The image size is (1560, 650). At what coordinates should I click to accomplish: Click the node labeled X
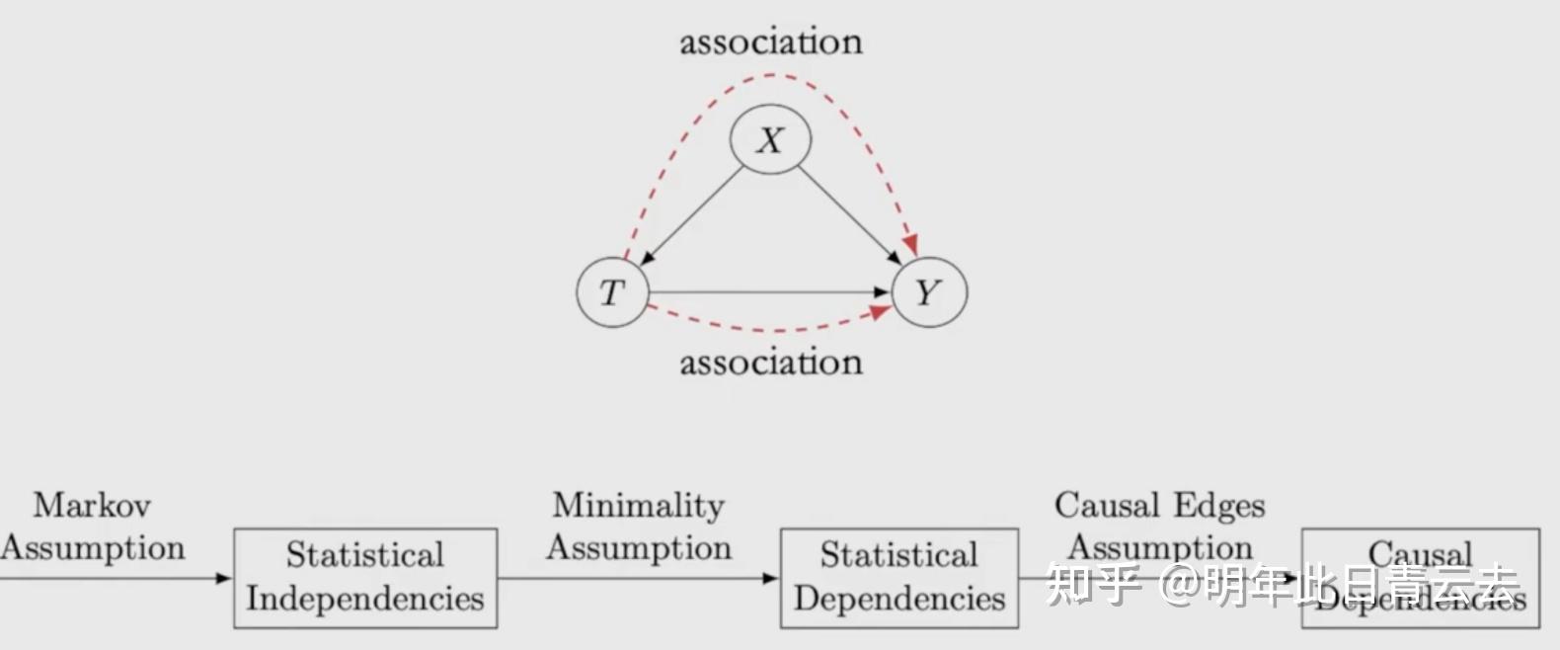770,139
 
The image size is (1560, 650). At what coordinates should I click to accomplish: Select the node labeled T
613,292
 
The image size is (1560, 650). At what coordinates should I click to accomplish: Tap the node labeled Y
928,292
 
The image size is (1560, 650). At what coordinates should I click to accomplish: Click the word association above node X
770,41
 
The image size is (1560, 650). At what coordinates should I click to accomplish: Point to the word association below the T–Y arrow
770,363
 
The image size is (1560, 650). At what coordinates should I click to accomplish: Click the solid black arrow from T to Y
760,292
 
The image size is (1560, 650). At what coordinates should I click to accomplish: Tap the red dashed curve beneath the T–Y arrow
770,329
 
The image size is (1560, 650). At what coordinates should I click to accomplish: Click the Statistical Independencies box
365,578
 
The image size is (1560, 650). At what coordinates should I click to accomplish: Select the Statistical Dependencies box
898,578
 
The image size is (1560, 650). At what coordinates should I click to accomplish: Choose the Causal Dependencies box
1420,578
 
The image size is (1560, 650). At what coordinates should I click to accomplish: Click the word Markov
92,506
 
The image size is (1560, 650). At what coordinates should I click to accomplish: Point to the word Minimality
638,506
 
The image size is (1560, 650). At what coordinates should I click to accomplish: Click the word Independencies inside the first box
365,599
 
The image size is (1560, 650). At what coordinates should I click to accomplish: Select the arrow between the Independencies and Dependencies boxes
638,578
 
